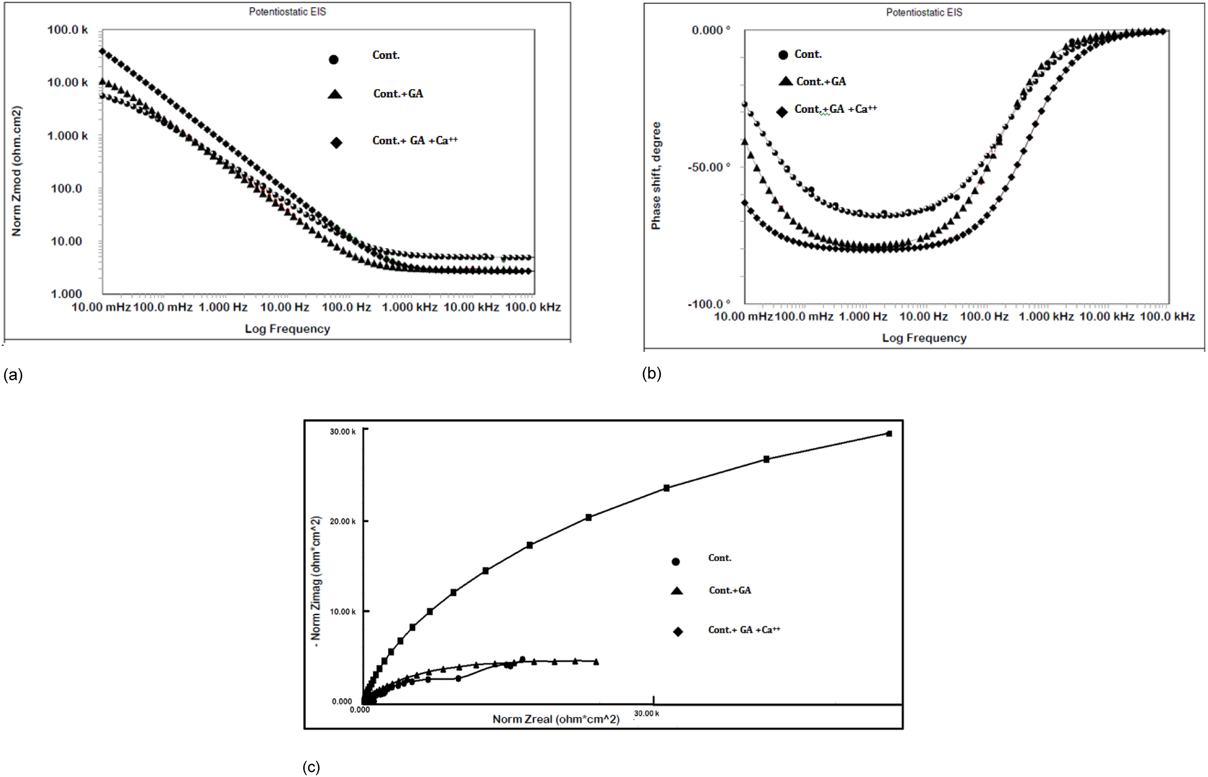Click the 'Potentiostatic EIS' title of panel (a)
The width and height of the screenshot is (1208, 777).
pos(287,12)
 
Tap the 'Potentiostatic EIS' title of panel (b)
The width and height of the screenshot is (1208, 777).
pos(924,13)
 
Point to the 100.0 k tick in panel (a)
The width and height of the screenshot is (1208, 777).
pos(68,30)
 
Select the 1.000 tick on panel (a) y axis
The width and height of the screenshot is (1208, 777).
pos(66,294)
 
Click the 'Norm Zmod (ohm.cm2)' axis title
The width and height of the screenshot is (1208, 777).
pos(17,171)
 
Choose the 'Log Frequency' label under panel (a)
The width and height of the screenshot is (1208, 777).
pos(287,329)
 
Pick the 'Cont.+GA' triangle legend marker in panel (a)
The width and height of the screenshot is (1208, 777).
pos(335,94)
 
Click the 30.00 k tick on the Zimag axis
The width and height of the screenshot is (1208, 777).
pos(343,432)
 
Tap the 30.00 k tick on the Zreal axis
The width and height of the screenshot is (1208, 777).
pos(646,714)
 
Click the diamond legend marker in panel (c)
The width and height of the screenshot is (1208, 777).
pos(678,632)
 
